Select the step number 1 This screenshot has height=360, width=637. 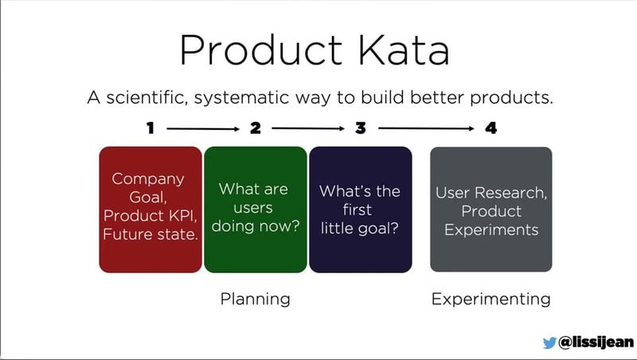150,127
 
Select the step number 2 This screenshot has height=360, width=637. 255,127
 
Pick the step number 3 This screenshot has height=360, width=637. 360,127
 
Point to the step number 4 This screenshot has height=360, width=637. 490,127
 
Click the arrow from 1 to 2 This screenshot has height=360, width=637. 202,127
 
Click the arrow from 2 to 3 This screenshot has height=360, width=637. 307,127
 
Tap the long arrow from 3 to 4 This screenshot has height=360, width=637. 425,127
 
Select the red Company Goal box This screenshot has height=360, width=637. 150,209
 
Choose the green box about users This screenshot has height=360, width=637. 255,209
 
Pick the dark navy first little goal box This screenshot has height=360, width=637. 360,209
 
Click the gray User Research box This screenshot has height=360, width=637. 490,209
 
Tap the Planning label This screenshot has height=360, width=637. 255,299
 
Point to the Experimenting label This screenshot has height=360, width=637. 490,299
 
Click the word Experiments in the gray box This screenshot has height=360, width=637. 490,229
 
